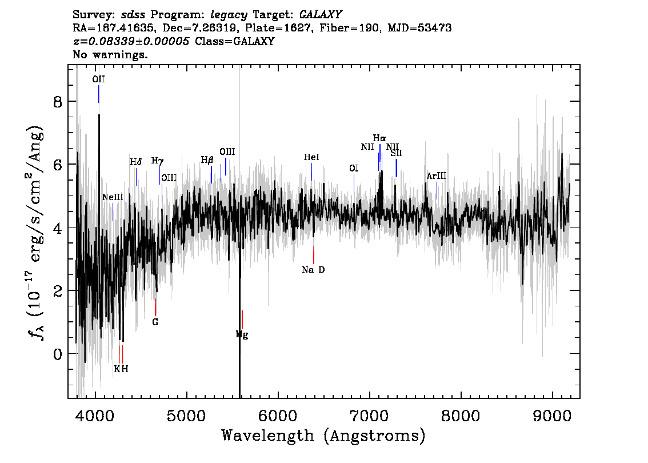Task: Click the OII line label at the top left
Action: (98, 79)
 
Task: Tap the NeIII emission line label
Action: (113, 197)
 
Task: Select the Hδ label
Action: (135, 162)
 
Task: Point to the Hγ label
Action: (158, 161)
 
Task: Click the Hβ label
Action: (207, 160)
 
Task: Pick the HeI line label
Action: (311, 157)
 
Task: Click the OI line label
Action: (354, 168)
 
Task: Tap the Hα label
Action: (379, 138)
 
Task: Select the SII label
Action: (396, 153)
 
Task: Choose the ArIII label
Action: (437, 176)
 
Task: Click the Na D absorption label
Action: (313, 270)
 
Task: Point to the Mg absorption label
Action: (242, 334)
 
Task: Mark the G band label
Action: (155, 322)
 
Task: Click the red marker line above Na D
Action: (314, 255)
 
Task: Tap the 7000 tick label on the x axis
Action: (369, 416)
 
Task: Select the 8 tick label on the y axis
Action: (58, 102)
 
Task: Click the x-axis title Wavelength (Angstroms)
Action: (323, 436)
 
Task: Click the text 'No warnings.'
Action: (110, 54)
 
